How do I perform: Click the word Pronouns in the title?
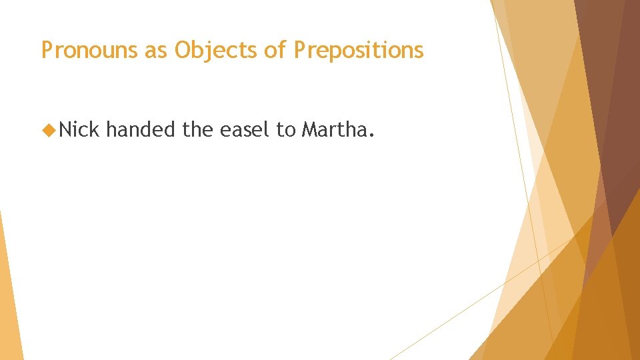[x=89, y=50]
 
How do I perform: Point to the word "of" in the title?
[x=275, y=50]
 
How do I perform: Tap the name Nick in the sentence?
[x=79, y=129]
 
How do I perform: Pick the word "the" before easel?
[x=197, y=129]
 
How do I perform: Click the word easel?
[x=245, y=129]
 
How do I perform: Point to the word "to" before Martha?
[x=285, y=129]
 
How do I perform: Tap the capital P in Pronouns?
[x=47, y=50]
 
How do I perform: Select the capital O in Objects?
[x=182, y=50]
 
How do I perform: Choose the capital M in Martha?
[x=309, y=129]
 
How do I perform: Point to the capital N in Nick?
[x=65, y=129]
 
